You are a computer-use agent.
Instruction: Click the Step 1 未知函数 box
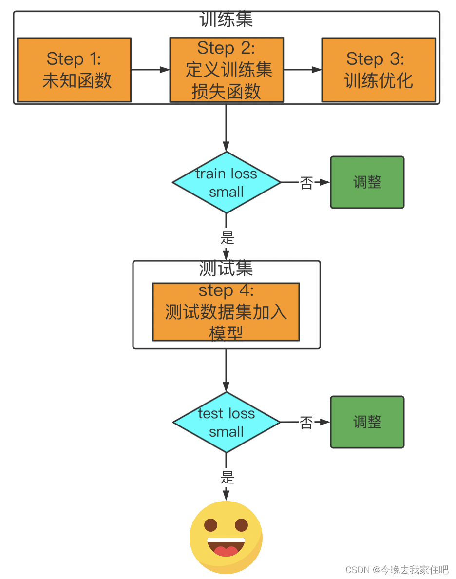click(74, 70)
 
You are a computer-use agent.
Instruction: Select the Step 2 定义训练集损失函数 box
click(227, 70)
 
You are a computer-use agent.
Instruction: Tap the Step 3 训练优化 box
click(379, 70)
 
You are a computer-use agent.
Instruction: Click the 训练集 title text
click(226, 20)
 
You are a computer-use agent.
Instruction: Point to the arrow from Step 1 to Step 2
click(150, 70)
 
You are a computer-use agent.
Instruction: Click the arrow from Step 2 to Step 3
click(303, 70)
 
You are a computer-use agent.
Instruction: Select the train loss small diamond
click(227, 182)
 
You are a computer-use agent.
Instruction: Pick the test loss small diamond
click(227, 422)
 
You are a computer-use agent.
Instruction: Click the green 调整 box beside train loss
click(367, 182)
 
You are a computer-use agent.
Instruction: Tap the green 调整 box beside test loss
click(367, 422)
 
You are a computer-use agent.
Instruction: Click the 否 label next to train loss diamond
click(306, 183)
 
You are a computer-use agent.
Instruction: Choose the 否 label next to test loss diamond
click(306, 423)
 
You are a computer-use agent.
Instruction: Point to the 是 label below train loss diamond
click(227, 237)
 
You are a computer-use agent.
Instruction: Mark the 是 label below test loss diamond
click(227, 477)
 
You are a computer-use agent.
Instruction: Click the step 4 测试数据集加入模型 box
click(226, 312)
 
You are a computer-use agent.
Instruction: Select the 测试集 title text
click(226, 269)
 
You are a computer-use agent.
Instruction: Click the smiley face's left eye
click(211, 525)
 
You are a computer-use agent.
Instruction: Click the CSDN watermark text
click(397, 570)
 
